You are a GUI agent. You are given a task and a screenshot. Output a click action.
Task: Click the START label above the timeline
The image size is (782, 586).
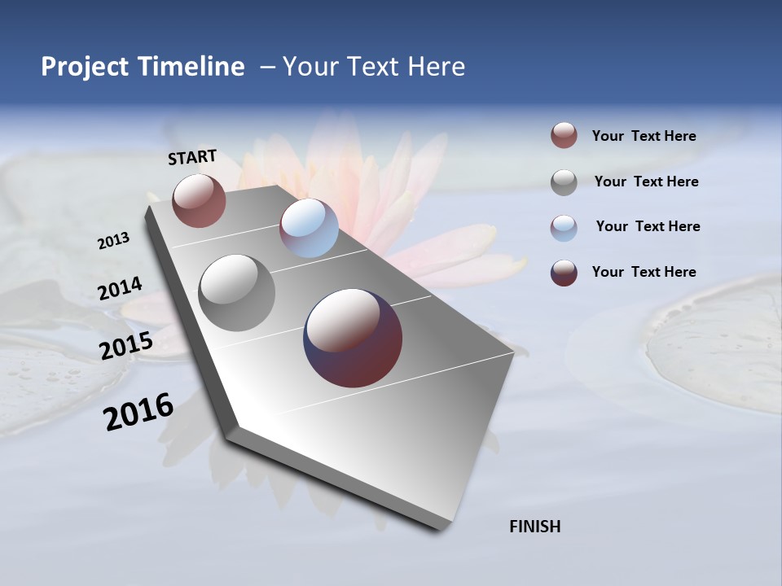click(x=192, y=156)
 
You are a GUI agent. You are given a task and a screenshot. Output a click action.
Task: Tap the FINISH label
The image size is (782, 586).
click(x=534, y=527)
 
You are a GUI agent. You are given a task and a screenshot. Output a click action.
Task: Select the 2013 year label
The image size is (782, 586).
click(x=113, y=241)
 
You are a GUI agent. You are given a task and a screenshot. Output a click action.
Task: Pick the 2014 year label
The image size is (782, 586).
click(x=120, y=289)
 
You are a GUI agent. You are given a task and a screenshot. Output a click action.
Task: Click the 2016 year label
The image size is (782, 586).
click(x=138, y=412)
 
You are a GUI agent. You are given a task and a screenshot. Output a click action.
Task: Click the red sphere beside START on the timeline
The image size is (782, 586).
click(x=199, y=200)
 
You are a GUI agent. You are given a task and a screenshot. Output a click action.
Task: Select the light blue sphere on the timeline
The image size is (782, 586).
click(x=309, y=228)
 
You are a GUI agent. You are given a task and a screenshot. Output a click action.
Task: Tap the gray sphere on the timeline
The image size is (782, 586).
click(x=237, y=292)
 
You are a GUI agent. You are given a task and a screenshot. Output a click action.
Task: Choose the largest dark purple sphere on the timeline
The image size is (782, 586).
click(x=353, y=338)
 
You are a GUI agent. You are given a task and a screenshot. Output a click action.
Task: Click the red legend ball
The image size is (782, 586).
click(x=564, y=136)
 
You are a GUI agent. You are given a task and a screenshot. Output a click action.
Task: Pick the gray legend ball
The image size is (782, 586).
click(x=564, y=181)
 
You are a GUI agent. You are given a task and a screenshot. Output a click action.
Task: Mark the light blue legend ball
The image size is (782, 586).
click(x=564, y=227)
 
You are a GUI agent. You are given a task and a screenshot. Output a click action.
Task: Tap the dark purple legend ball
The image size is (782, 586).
click(x=564, y=272)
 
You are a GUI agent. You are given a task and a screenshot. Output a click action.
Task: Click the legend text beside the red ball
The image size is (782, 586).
click(x=644, y=137)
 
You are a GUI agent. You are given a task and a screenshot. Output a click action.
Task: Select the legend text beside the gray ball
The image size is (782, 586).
click(x=646, y=181)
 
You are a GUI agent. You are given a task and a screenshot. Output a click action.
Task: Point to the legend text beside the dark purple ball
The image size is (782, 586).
click(x=644, y=272)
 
